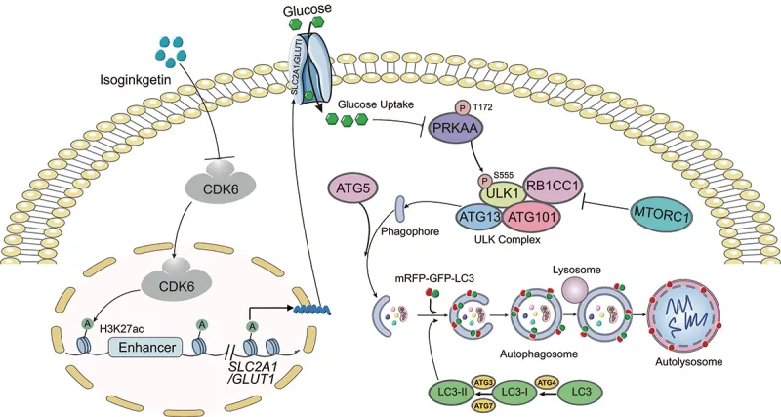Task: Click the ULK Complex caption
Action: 510,240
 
